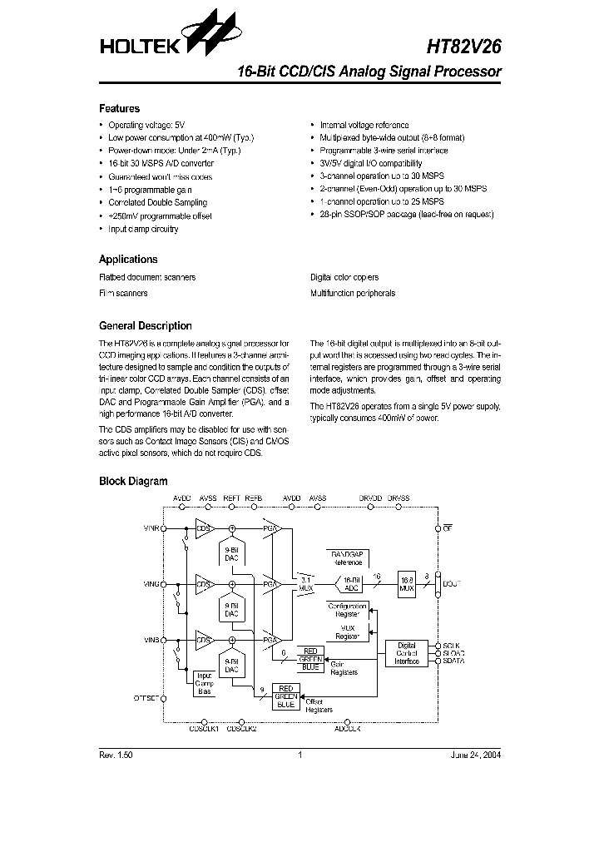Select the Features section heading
[x=119, y=108]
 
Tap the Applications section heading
[x=128, y=259]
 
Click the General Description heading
[x=145, y=326]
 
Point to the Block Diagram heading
[x=133, y=481]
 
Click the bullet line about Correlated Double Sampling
[x=157, y=203]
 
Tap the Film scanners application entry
[x=123, y=293]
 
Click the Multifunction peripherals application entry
[x=352, y=293]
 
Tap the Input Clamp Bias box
[x=204, y=684]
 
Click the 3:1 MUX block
[x=305, y=583]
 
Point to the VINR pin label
[x=151, y=528]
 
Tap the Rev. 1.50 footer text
[x=116, y=755]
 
